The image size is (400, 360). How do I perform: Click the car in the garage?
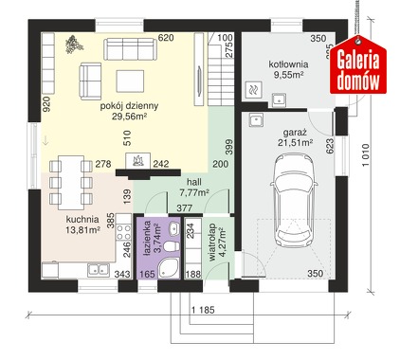(293, 201)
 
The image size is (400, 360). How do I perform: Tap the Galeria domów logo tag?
(358, 65)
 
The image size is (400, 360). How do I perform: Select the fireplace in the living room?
(138, 160)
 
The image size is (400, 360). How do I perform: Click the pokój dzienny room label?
(129, 111)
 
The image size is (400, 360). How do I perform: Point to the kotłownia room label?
(288, 69)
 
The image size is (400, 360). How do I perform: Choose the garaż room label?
(296, 137)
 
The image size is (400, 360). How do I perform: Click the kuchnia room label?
(82, 225)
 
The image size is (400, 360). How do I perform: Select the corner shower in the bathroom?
(169, 268)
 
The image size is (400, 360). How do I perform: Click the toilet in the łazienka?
(171, 246)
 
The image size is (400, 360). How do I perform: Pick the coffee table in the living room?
(130, 81)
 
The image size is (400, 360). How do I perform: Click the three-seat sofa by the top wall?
(130, 49)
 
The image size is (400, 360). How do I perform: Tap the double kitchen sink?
(99, 269)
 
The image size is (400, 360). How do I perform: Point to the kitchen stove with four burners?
(123, 232)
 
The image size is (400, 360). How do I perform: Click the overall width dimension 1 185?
(203, 310)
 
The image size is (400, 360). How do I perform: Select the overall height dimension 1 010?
(365, 155)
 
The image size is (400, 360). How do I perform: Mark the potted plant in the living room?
(74, 45)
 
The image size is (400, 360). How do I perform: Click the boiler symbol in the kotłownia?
(254, 90)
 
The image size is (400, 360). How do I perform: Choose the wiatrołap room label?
(217, 243)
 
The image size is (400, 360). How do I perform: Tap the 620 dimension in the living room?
(166, 38)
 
